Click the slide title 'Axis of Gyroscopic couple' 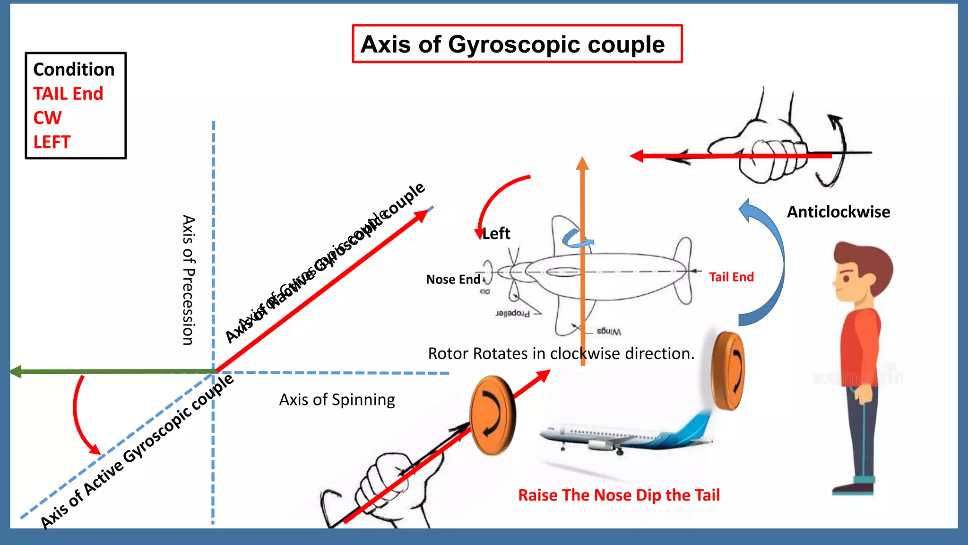(512, 44)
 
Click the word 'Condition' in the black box (74, 70)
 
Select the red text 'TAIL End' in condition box (68, 94)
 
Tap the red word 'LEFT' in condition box (52, 142)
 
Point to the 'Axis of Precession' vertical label (188, 280)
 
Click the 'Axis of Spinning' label (337, 400)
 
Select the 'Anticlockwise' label (838, 212)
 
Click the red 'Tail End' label (731, 277)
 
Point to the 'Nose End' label (453, 280)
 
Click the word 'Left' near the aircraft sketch (496, 234)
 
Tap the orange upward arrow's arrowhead (582, 163)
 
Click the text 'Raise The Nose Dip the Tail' (619, 495)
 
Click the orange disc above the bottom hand (493, 415)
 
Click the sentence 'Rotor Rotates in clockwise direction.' (561, 354)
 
